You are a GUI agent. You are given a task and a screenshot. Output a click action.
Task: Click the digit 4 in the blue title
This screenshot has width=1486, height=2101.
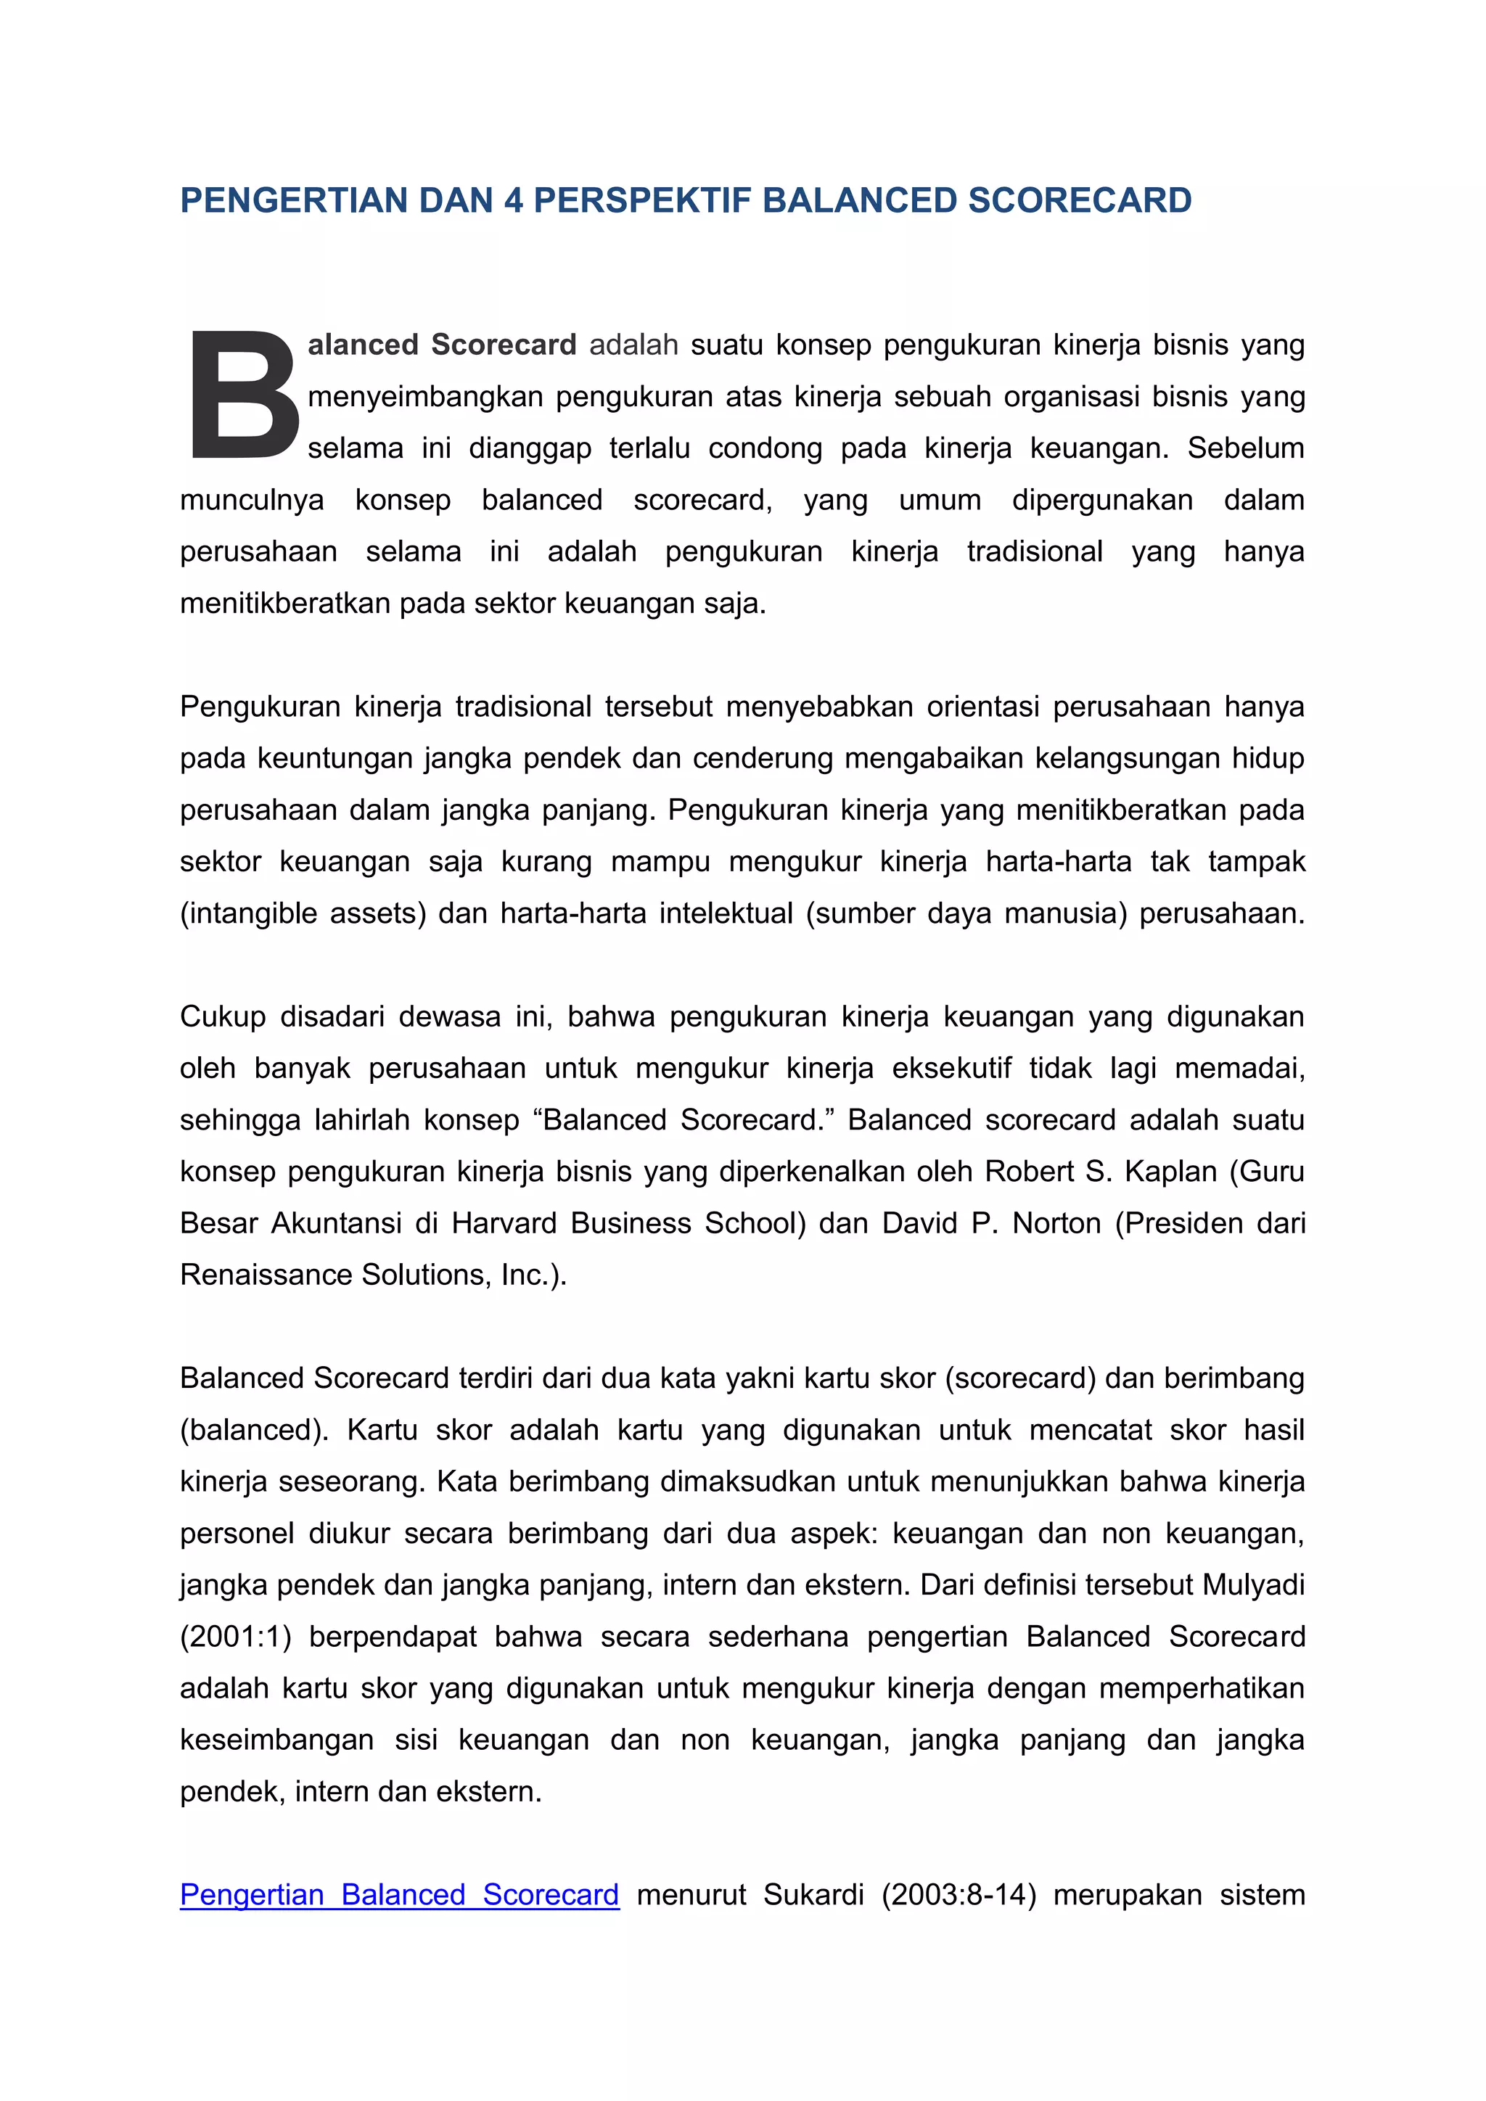click(513, 200)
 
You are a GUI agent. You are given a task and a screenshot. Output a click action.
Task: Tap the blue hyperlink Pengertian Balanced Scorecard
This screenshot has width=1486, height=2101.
click(399, 1894)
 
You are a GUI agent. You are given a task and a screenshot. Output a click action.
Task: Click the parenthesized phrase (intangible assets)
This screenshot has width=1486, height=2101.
click(303, 913)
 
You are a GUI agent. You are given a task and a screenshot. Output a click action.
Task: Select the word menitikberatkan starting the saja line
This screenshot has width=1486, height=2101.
click(284, 604)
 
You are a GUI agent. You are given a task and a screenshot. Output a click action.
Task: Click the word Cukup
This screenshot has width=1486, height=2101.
click(221, 1016)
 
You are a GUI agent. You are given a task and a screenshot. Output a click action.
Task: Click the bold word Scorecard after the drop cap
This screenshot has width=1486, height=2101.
click(504, 345)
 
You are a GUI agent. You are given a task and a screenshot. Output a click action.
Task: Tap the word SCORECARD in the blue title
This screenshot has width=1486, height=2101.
click(1080, 200)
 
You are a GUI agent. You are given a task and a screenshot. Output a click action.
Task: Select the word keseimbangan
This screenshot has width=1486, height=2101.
click(276, 1740)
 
